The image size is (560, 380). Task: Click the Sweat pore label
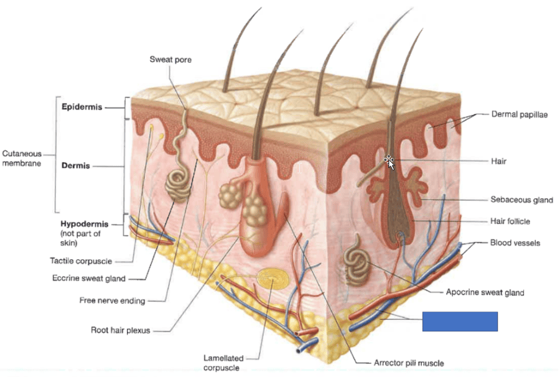tap(170, 60)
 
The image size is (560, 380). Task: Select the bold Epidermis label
tap(82, 106)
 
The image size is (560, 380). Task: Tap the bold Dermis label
tap(76, 166)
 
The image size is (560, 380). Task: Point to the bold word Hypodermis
tap(84, 223)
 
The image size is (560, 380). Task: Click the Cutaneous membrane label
tap(22, 158)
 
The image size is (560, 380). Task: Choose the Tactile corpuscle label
tap(81, 261)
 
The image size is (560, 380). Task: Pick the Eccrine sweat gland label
tap(88, 279)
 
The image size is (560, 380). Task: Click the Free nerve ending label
tap(112, 300)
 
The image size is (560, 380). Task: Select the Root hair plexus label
tap(120, 330)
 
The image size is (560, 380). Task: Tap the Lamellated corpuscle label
tap(223, 363)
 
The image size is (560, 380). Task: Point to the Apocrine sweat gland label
tap(485, 292)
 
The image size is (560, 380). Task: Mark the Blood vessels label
tap(515, 243)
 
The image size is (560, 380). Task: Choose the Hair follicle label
tap(510, 221)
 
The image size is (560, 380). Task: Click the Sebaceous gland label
tap(521, 200)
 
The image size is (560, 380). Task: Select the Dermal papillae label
tap(519, 114)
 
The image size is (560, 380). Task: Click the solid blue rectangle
tap(460, 321)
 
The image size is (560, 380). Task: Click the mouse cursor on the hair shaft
tap(390, 162)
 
